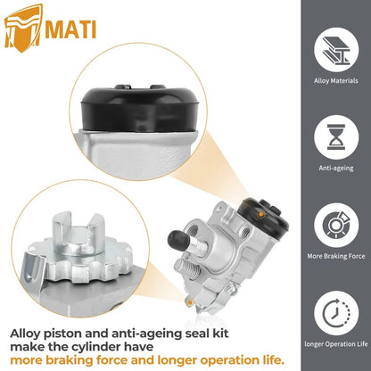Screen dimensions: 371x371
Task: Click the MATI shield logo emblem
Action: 23,28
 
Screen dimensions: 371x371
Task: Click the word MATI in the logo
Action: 70,29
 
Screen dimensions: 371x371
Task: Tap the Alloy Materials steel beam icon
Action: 336,50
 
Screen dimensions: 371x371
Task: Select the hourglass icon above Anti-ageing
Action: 336,137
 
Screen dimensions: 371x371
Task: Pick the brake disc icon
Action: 336,225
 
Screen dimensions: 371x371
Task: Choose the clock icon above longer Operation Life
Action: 336,313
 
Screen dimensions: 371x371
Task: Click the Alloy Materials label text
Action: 336,81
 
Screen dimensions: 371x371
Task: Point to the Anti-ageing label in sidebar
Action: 336,169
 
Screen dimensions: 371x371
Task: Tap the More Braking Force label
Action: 336,256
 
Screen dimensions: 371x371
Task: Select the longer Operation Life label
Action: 336,344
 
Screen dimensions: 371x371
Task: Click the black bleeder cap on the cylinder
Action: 177,239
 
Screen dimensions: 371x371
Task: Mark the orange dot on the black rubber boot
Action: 260,214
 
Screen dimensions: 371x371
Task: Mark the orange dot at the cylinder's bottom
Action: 189,302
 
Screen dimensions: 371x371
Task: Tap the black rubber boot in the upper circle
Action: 138,108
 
